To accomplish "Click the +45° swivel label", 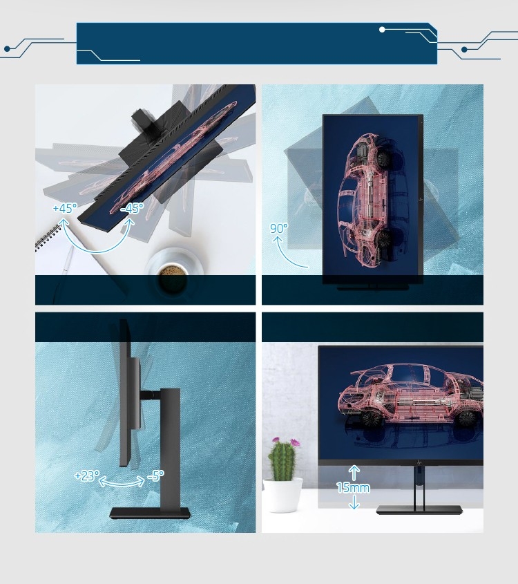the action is click(65, 208).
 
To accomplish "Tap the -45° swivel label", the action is click(132, 208).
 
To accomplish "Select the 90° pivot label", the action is click(279, 228).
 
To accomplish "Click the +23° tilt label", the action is click(87, 475).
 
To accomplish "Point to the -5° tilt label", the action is click(155, 475).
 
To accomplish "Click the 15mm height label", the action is click(353, 487).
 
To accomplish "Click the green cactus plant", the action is click(283, 460).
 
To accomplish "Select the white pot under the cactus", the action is click(282, 495).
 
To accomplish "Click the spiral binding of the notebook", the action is click(48, 238).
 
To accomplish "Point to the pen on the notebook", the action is click(68, 260).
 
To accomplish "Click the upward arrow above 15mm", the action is click(354, 472).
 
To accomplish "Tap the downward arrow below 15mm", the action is click(354, 502).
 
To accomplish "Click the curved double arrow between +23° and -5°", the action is click(122, 483).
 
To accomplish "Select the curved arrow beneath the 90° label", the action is click(289, 254).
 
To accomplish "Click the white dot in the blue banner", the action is click(382, 30).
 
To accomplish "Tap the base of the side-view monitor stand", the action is click(150, 514).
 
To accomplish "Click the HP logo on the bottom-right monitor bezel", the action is click(420, 462).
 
